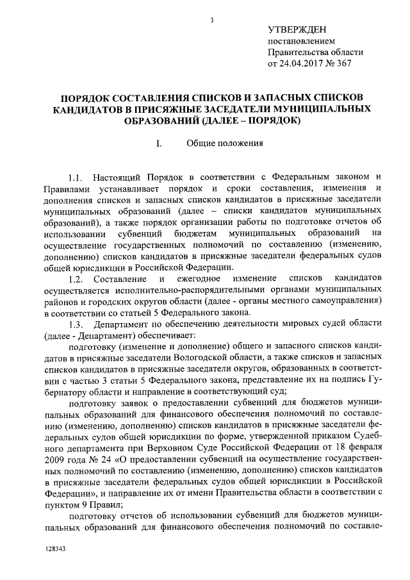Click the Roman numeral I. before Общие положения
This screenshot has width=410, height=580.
pos(158,143)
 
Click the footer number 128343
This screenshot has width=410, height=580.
pos(56,550)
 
